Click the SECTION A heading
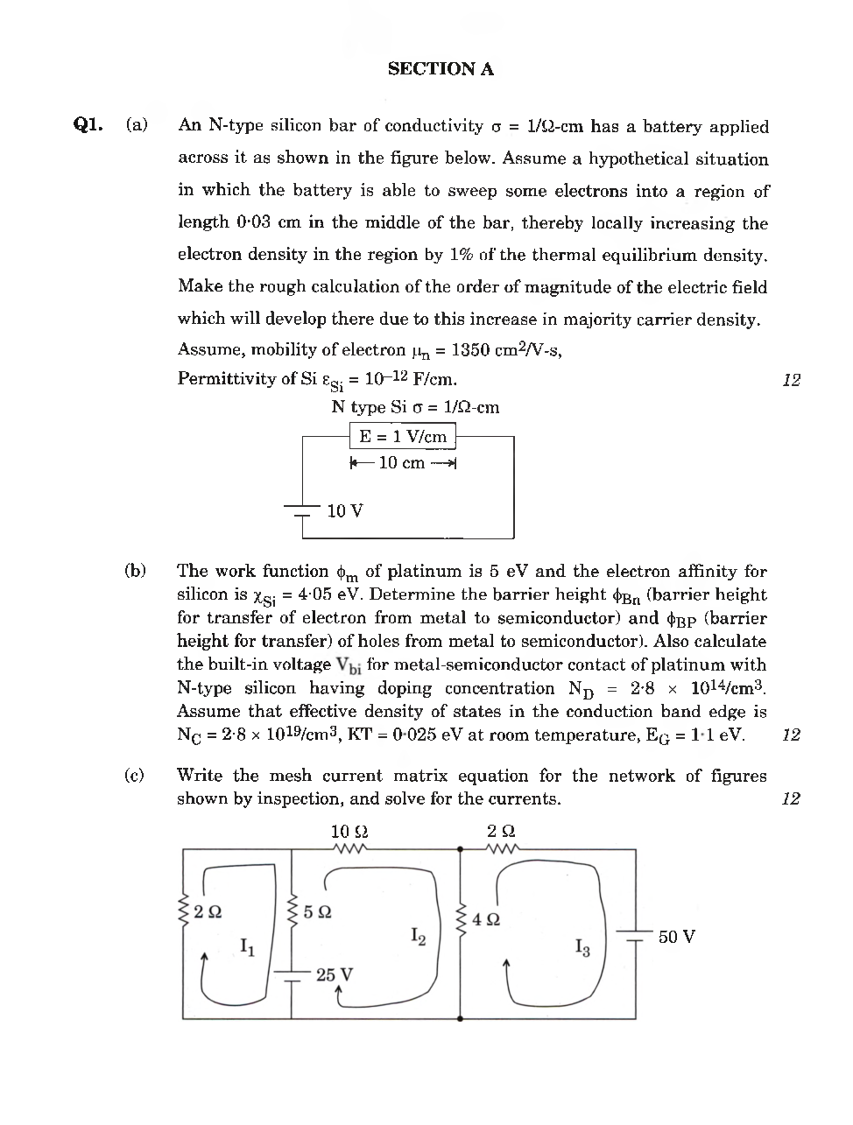pos(441,69)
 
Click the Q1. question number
pos(88,124)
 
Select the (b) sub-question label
pos(135,571)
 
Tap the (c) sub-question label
pos(135,775)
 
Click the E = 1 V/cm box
pos(403,436)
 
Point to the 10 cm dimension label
pos(402,462)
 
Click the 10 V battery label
pos(344,510)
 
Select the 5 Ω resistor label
pos(317,911)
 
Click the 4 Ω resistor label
pos(486,919)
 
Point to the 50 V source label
pos(676,937)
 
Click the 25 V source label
pos(335,974)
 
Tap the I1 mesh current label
pos(248,946)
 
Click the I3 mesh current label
pos(582,947)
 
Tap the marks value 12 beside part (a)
pos(791,380)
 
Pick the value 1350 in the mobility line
pos(471,350)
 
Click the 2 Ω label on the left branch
pos(208,911)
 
